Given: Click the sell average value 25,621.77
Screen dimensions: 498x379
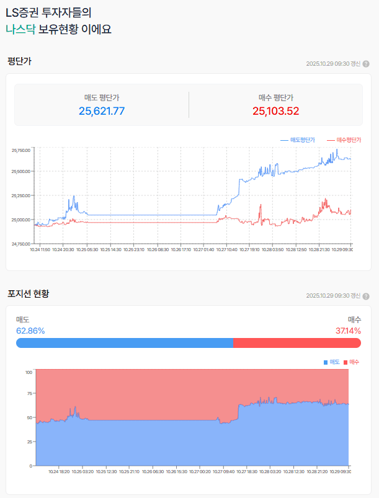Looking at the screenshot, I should tap(102, 111).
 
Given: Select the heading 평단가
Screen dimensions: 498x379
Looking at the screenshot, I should tap(19, 61).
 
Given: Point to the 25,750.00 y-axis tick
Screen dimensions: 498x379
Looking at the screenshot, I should tap(20, 150).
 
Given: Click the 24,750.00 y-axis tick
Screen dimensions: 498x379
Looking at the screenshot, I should tap(20, 243).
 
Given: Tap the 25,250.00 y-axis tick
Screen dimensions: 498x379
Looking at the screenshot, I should tap(20, 195).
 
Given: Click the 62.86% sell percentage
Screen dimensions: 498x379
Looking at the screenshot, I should tap(30, 331).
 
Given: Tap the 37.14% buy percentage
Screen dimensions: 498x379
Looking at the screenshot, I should tap(348, 331).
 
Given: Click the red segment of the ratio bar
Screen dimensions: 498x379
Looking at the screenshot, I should tap(297, 343).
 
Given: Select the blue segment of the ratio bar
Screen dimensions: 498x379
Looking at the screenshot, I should tap(124, 343).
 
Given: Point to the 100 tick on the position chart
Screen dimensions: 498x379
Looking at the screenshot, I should tap(29, 372).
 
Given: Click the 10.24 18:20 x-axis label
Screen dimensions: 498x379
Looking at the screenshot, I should tap(59, 471).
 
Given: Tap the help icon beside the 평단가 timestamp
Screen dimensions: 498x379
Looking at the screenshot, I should tap(366, 63).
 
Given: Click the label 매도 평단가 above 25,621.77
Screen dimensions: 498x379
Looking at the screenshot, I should tap(102, 97).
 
